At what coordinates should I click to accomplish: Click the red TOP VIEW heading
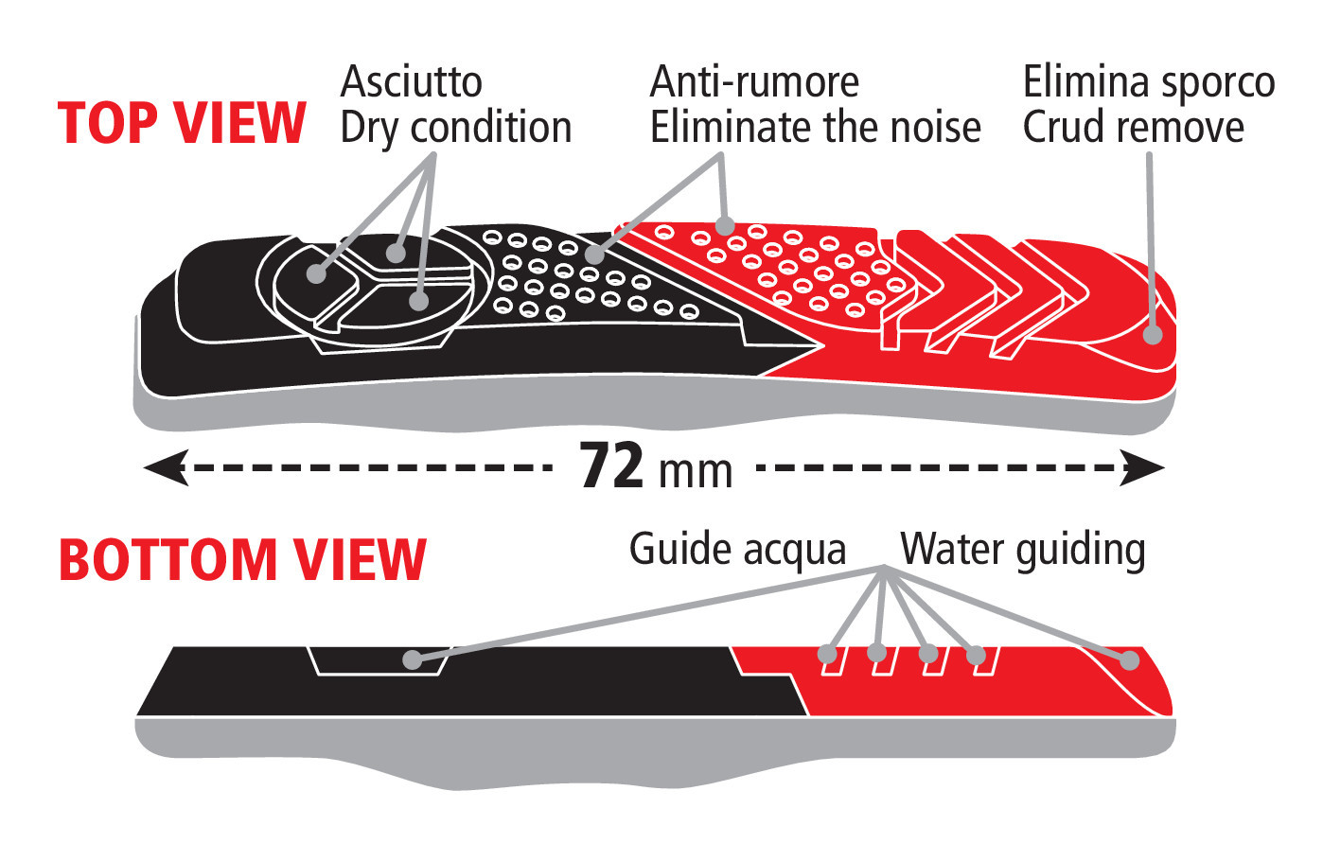[x=182, y=124]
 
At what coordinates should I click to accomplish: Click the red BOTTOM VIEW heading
[x=242, y=559]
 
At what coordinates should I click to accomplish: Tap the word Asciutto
[x=411, y=82]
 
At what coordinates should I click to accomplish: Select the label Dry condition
[x=455, y=128]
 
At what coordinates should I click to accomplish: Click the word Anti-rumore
[x=754, y=82]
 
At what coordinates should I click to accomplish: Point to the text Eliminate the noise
[x=815, y=128]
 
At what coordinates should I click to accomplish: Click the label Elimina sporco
[x=1149, y=82]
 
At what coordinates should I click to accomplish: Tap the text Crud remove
[x=1133, y=128]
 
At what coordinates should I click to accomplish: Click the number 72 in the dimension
[x=611, y=466]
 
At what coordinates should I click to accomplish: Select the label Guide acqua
[x=737, y=550]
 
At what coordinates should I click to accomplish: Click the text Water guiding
[x=1022, y=550]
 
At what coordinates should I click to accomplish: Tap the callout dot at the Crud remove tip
[x=1153, y=334]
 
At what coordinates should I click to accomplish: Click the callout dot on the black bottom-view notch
[x=412, y=659]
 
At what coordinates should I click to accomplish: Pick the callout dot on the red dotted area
[x=725, y=225]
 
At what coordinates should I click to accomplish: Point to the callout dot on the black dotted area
[x=594, y=254]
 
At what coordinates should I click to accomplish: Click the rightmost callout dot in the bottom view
[x=1129, y=660]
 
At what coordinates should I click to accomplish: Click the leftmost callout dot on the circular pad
[x=317, y=274]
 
